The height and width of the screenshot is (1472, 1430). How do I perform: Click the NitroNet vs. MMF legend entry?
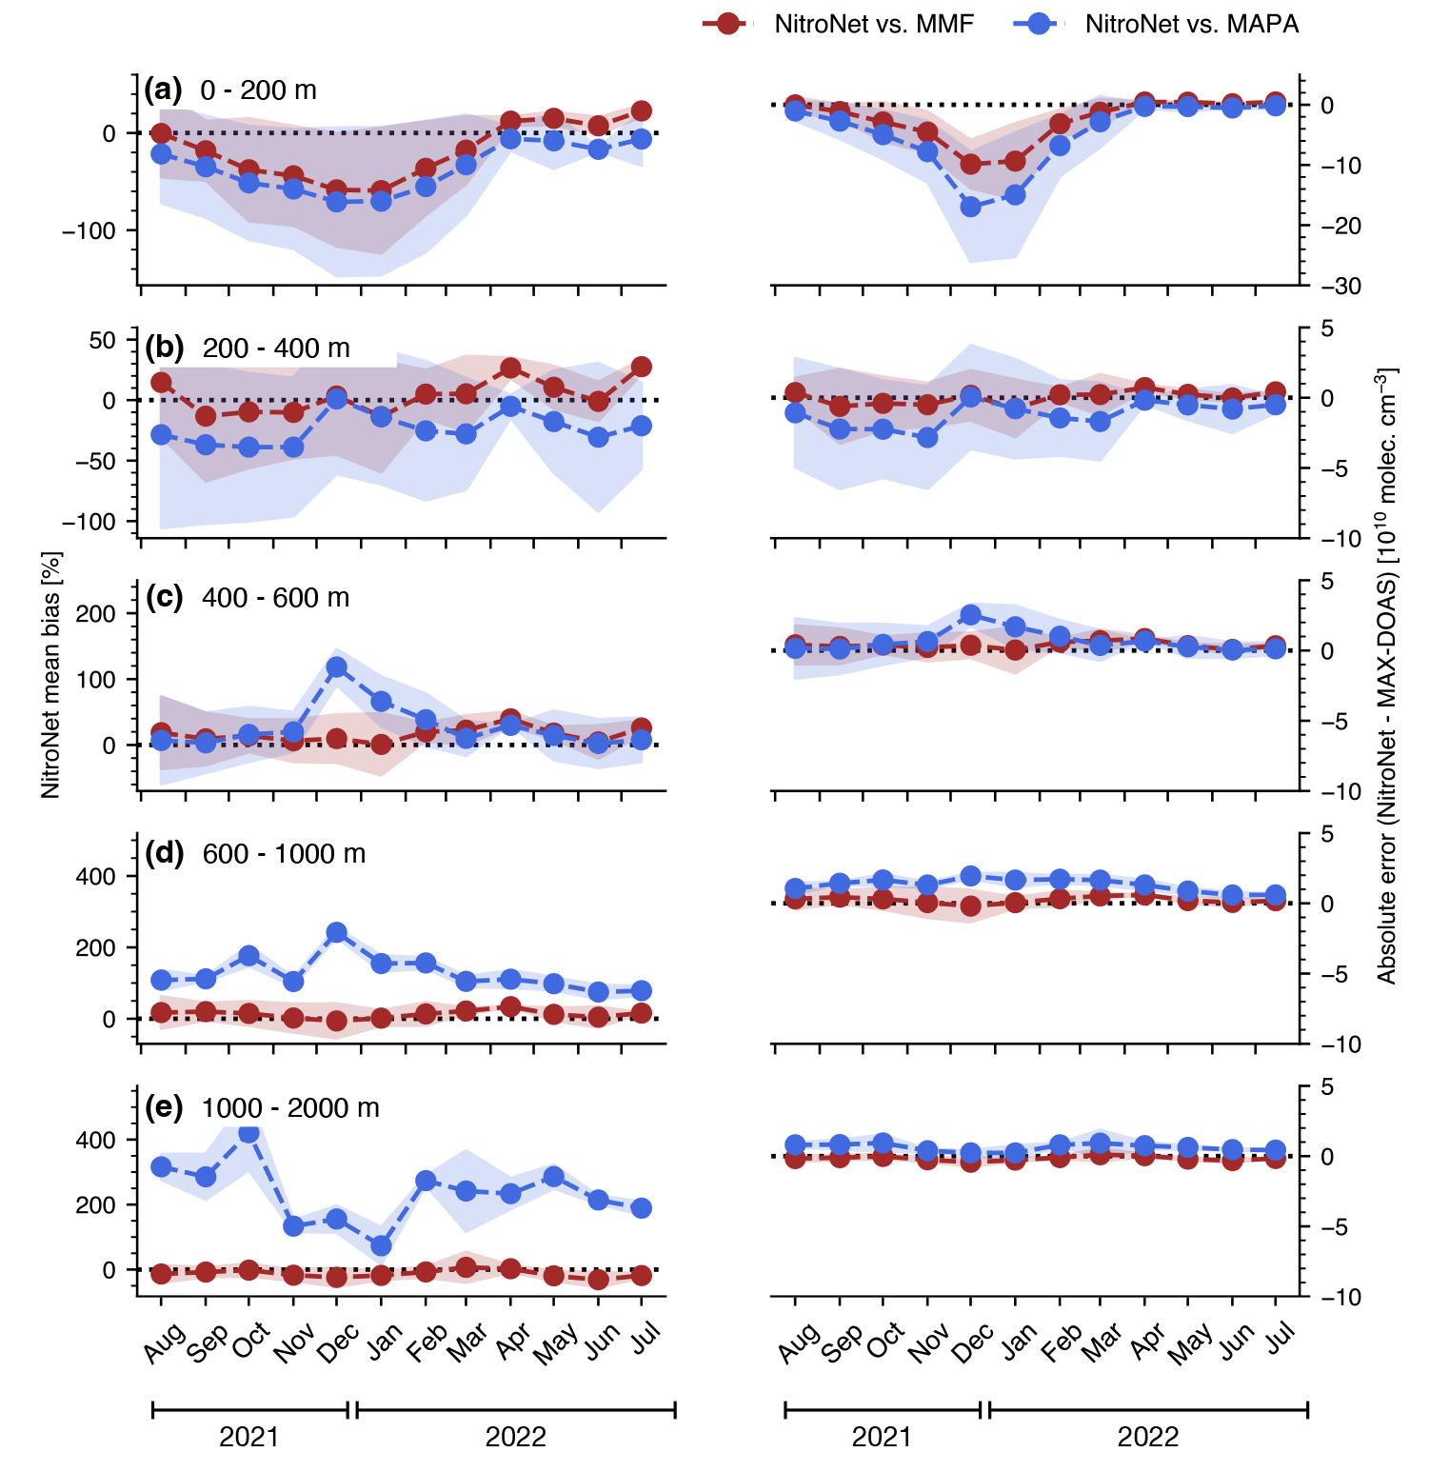(x=838, y=25)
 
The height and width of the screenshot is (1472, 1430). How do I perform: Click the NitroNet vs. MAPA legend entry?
(x=1156, y=25)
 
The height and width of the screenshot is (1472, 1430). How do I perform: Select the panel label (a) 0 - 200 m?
(x=230, y=90)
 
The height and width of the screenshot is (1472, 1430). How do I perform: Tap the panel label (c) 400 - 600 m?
(x=248, y=598)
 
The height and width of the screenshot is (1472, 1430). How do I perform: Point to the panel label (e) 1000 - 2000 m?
(x=262, y=1108)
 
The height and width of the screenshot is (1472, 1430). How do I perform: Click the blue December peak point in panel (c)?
(x=336, y=667)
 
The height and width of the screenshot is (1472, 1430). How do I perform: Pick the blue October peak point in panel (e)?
(x=249, y=1133)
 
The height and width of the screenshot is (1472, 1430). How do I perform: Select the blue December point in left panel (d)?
(x=336, y=932)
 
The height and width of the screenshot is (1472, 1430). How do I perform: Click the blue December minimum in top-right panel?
(x=971, y=207)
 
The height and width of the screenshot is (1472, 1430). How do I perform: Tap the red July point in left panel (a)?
(x=642, y=111)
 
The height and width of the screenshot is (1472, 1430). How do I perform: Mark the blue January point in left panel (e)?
(x=381, y=1245)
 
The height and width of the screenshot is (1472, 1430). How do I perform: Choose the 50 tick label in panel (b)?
(x=102, y=341)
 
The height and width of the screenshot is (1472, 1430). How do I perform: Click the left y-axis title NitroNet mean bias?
(x=51, y=674)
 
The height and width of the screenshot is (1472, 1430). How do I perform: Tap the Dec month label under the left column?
(x=339, y=1342)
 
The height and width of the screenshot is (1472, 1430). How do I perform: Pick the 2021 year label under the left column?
(x=249, y=1437)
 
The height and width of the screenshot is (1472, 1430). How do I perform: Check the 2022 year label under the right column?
(x=1148, y=1437)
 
